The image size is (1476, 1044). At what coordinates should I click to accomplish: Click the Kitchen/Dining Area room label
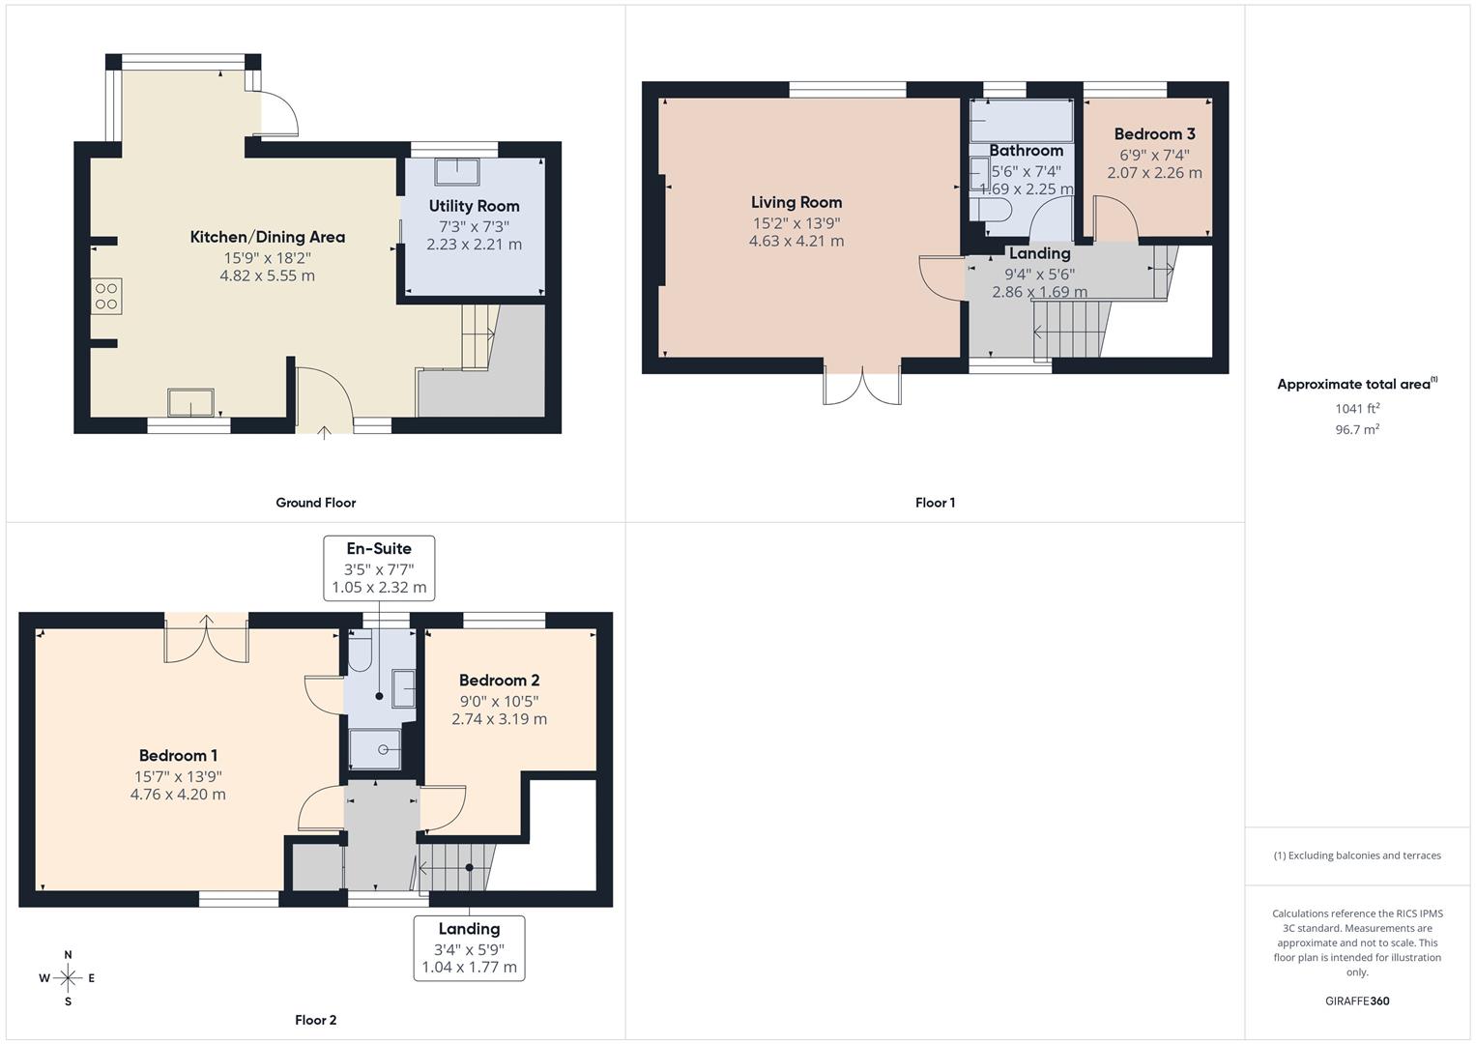(x=267, y=237)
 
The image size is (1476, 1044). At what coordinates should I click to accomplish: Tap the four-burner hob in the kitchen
(x=106, y=296)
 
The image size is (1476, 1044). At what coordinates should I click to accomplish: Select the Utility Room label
(x=474, y=206)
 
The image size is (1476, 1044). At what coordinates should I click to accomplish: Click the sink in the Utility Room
(x=456, y=171)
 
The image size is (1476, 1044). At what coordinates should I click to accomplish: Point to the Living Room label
(x=796, y=202)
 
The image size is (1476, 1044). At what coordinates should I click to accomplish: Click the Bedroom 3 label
(x=1154, y=134)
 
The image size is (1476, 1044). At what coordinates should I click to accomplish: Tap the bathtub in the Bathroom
(x=1022, y=120)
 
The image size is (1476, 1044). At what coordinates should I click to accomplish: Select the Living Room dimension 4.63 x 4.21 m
(x=796, y=241)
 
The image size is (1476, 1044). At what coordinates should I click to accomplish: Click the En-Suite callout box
(x=379, y=567)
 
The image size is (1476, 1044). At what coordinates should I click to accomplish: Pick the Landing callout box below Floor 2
(x=470, y=947)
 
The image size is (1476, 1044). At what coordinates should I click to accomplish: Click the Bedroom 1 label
(x=178, y=756)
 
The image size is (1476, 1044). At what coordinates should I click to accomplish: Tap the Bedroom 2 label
(x=499, y=681)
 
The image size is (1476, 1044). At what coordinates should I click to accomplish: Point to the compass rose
(x=68, y=978)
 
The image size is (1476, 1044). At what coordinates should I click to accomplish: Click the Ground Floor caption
(x=316, y=503)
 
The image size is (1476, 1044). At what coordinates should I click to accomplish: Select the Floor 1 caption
(x=935, y=503)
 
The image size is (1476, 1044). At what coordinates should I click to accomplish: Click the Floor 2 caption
(x=316, y=1020)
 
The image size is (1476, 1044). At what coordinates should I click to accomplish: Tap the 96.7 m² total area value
(x=1357, y=429)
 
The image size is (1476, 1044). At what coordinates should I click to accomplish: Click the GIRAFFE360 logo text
(x=1357, y=1000)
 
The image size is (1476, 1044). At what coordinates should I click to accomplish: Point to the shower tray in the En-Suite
(x=374, y=749)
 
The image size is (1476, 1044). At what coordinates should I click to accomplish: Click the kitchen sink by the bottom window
(x=190, y=402)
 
